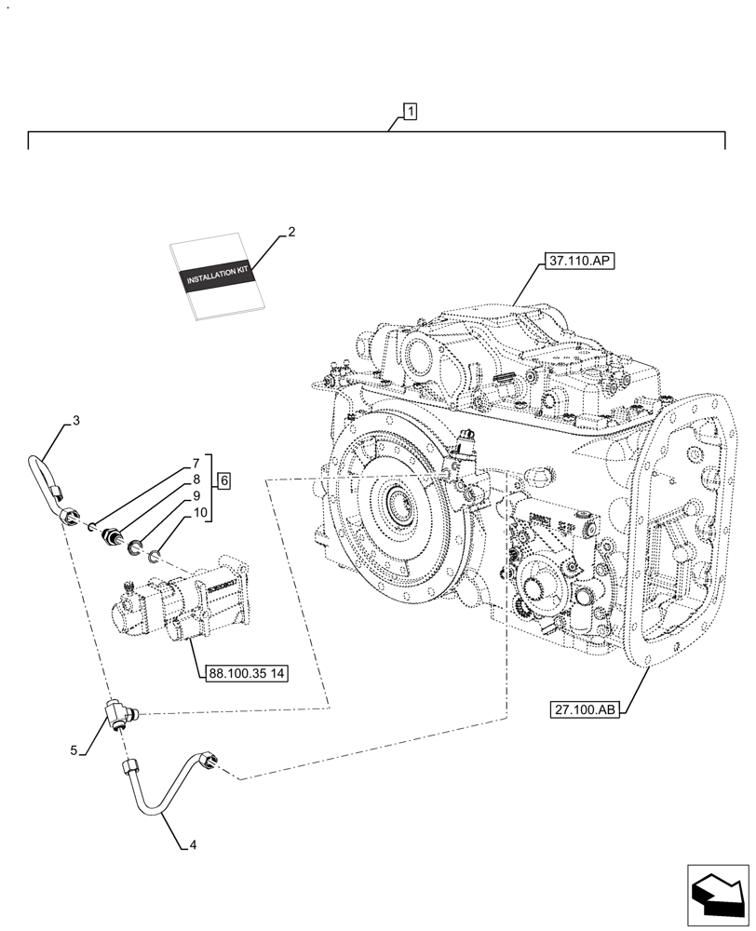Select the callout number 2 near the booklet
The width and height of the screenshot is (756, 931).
pos(291,232)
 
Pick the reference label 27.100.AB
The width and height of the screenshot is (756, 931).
pos(584,709)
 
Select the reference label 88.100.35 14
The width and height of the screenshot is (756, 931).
pos(242,674)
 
